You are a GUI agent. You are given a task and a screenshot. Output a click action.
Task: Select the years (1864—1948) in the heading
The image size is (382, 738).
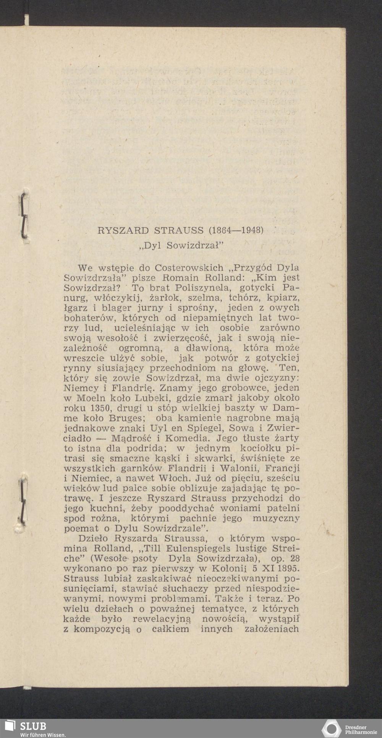236,230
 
